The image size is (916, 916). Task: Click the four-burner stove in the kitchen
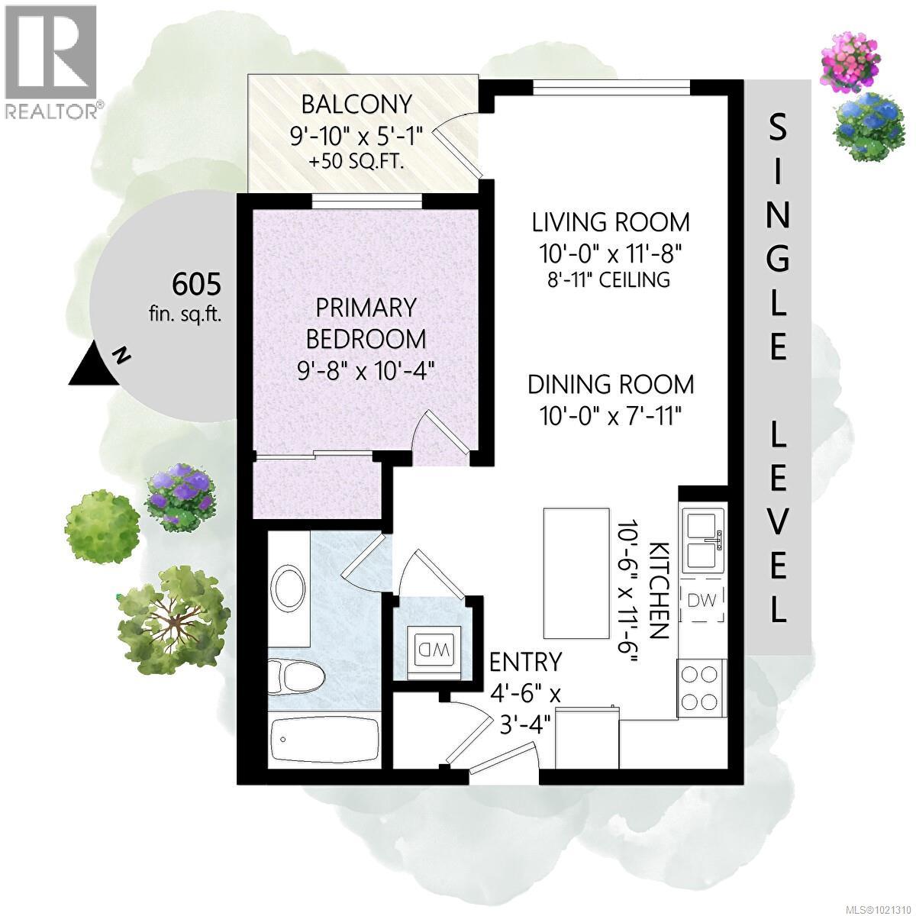pos(701,688)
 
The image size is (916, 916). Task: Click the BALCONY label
pos(356,103)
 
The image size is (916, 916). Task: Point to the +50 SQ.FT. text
pos(356,162)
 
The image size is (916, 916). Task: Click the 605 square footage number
pos(196,285)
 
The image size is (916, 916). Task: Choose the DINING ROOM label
pos(611,384)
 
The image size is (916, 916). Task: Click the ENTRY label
pos(526,661)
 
